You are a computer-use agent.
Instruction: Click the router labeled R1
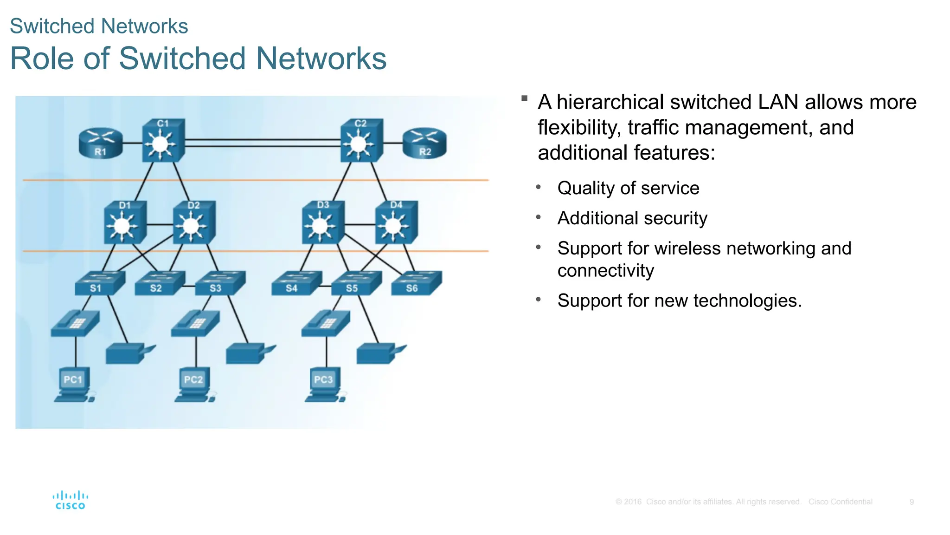tap(101, 143)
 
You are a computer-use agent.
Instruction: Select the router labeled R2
tap(424, 143)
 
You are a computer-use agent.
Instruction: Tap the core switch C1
tap(162, 141)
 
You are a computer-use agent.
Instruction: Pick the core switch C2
tap(361, 141)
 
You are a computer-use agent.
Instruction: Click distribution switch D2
tap(193, 223)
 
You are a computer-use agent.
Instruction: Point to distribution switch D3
tap(323, 223)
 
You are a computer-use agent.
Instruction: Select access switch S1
tap(100, 283)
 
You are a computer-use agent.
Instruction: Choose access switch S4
tap(296, 283)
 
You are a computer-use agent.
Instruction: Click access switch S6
tap(416, 283)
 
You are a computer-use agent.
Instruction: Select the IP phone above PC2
tap(195, 323)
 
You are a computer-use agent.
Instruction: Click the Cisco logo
tap(70, 500)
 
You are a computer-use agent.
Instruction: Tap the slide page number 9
tap(911, 502)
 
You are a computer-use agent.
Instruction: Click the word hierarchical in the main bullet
tap(610, 102)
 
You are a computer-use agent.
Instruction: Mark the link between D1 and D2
tap(160, 225)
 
